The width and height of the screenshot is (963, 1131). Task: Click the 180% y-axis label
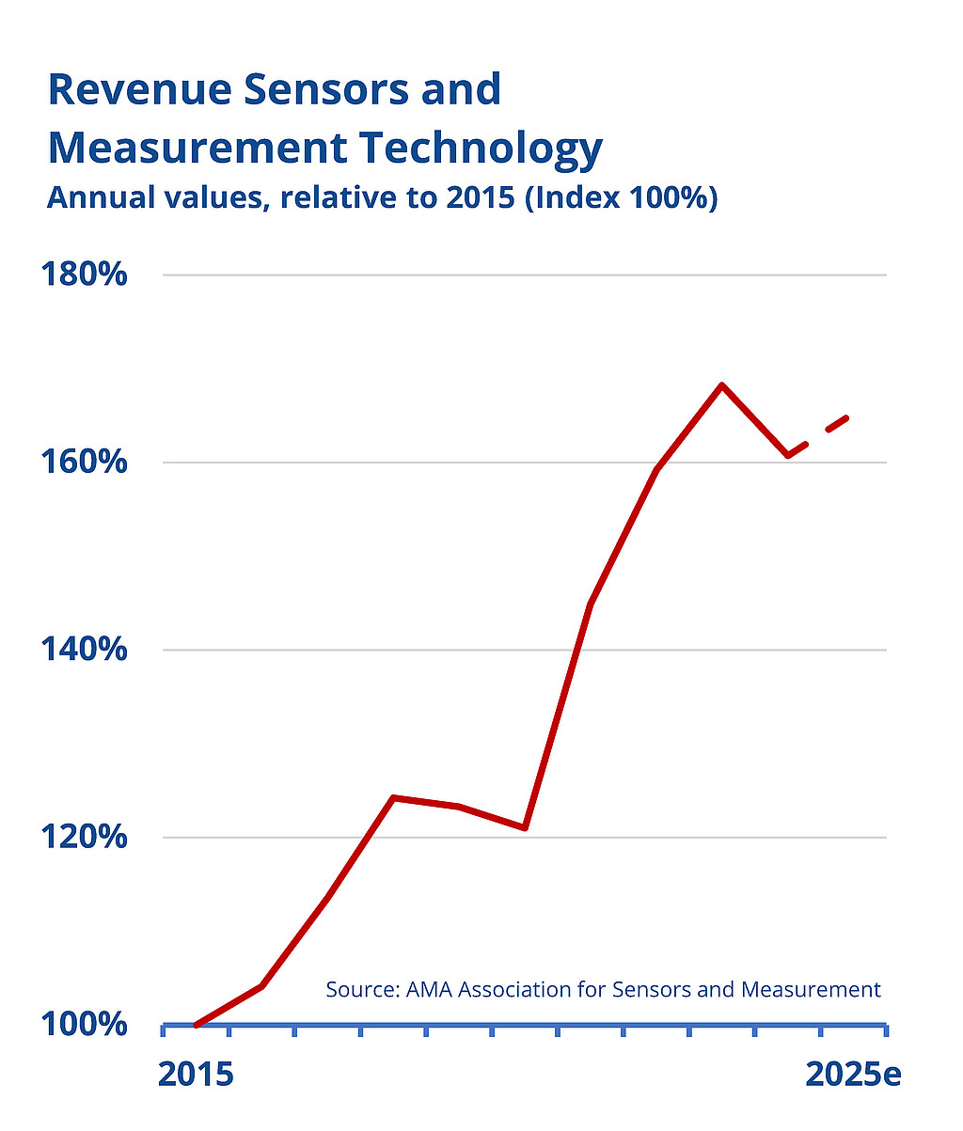click(85, 275)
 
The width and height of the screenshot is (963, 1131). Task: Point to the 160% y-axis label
click(85, 463)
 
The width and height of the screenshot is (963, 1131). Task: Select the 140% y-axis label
click(85, 650)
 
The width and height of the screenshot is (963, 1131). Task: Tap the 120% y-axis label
click(85, 837)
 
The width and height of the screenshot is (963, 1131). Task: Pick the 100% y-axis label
click(85, 1024)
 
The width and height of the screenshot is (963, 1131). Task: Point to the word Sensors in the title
click(324, 89)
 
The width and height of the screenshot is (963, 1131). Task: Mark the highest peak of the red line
click(721, 385)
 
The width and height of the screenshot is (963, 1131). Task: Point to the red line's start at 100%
click(196, 1024)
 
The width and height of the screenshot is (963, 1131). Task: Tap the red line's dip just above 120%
click(524, 827)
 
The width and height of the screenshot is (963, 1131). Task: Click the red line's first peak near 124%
click(393, 798)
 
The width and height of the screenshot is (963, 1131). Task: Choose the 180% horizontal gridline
click(527, 275)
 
